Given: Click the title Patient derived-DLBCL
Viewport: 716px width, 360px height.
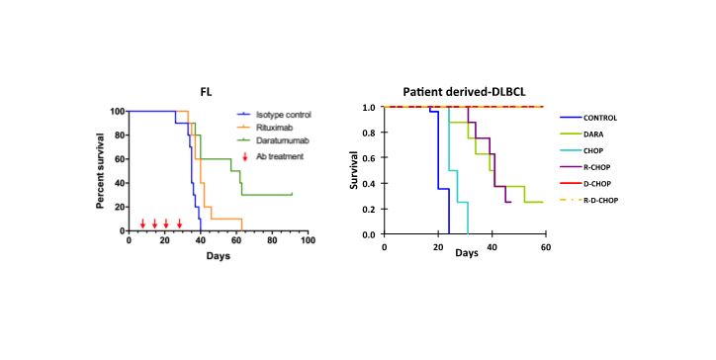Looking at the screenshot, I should point(463,90).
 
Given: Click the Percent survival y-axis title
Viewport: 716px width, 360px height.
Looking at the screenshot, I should point(101,170).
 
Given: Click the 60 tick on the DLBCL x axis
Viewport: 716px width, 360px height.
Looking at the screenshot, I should point(544,244).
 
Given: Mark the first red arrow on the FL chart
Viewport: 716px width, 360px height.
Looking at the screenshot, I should point(143,224).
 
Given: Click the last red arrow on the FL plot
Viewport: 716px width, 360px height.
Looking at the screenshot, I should point(179,224).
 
